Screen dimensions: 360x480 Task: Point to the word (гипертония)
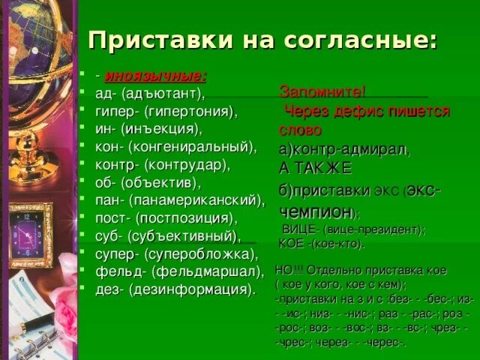click(190, 111)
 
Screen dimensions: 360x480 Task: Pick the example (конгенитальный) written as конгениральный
click(193, 146)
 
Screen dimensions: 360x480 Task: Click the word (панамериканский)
click(197, 200)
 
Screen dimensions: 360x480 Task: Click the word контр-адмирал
click(349, 148)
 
